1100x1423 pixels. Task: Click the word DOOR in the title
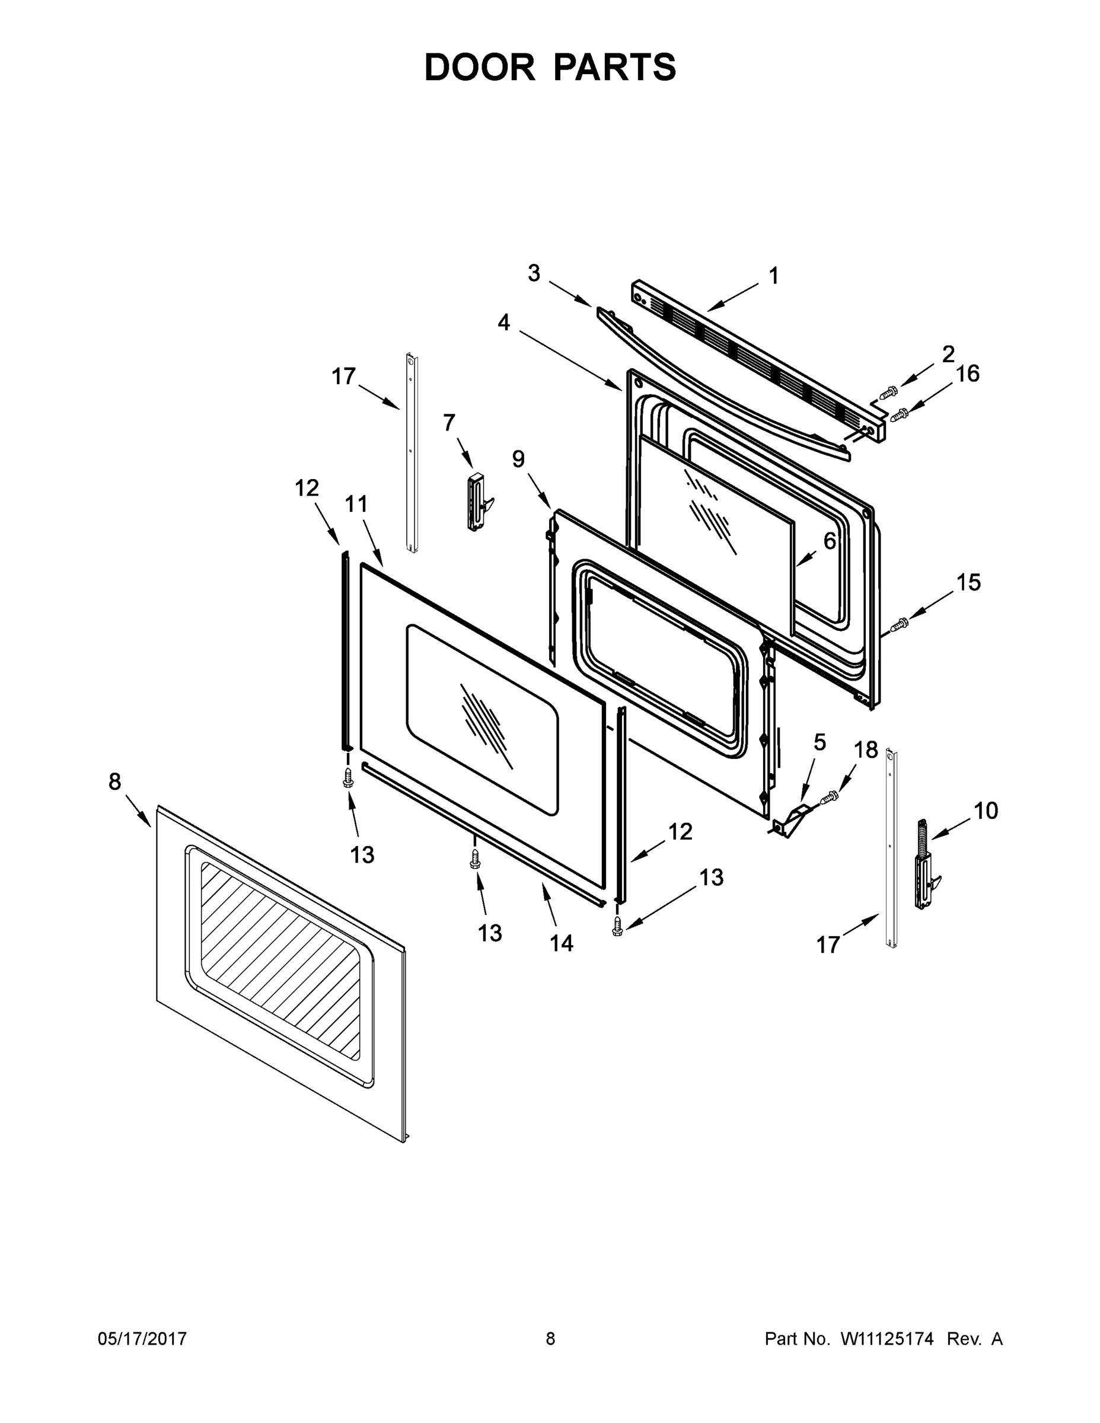tap(480, 67)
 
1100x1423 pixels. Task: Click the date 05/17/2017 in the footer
tap(142, 1339)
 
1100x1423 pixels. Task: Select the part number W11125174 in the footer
tap(887, 1339)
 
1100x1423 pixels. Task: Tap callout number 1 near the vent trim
tap(773, 276)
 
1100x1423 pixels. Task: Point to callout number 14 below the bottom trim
tap(561, 943)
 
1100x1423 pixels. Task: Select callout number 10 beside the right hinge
tap(986, 811)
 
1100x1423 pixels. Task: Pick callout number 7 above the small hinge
tap(449, 423)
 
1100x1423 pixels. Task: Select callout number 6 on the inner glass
tap(829, 540)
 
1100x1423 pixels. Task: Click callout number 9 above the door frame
tap(518, 459)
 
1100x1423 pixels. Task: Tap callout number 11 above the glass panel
tap(356, 503)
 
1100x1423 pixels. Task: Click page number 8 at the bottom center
tap(550, 1339)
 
